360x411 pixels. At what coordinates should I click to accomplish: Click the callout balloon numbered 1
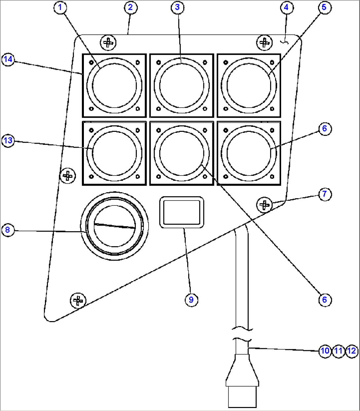coord(60,8)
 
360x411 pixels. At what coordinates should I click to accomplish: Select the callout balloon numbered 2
coord(130,7)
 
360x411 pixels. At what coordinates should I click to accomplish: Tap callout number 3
coord(177,7)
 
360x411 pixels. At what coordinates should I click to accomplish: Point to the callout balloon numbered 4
coord(286,7)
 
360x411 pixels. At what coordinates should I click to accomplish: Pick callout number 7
coord(325,194)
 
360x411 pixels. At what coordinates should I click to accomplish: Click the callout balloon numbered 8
coord(8,230)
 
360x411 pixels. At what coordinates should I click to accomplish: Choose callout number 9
coord(191,300)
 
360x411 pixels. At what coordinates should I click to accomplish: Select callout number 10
coord(325,351)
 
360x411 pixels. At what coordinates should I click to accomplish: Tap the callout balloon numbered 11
coord(338,351)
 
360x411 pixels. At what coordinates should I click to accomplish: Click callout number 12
coord(352,351)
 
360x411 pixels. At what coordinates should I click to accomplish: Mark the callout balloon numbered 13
coord(8,140)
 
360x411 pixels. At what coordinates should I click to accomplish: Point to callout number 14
coord(8,59)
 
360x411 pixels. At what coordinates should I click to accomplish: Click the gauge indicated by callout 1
coord(114,86)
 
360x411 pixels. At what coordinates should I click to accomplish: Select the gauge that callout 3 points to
coord(182,86)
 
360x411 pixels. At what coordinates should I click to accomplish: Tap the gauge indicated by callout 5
coord(249,86)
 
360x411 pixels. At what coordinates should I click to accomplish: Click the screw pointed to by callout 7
coord(264,205)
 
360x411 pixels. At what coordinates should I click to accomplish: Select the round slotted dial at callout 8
coord(115,226)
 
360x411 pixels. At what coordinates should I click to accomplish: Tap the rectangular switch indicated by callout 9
coord(181,212)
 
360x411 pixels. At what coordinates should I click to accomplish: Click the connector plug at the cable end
coord(242,383)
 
